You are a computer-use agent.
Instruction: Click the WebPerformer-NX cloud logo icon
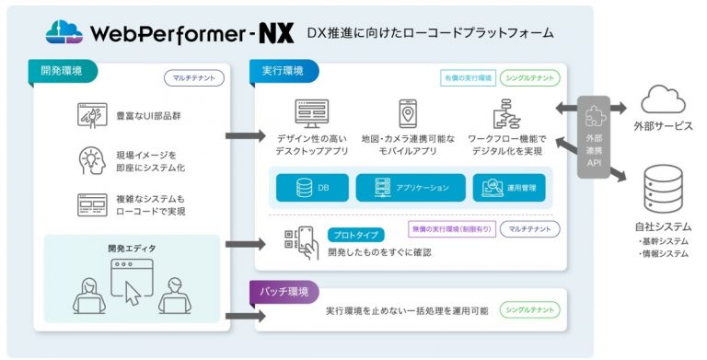click(x=64, y=32)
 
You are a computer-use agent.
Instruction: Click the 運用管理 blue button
click(x=512, y=187)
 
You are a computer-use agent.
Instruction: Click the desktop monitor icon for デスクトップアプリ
click(x=311, y=113)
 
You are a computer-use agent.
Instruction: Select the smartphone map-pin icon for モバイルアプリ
click(x=407, y=113)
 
